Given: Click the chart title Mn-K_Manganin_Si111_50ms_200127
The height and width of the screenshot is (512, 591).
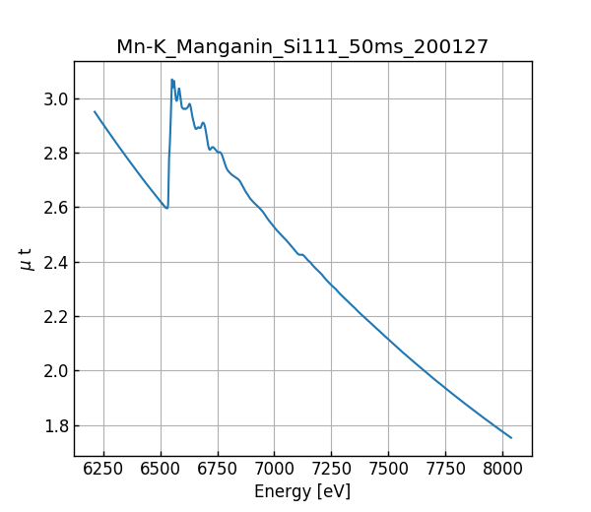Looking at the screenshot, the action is (302, 47).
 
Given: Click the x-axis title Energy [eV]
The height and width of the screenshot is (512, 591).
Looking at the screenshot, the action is (302, 491).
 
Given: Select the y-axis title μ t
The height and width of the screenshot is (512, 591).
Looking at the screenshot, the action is (26, 259).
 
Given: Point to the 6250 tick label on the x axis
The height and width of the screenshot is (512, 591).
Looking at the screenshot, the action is (103, 470).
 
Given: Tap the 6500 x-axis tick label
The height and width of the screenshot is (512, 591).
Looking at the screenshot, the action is (161, 470).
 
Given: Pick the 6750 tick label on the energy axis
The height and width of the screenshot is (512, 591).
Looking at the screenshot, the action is (217, 470).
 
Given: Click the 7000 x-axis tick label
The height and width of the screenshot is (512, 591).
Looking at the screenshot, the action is (274, 470).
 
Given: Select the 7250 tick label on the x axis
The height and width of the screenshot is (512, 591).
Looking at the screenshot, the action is (331, 470).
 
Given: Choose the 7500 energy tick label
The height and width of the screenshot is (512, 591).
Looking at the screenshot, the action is (388, 470).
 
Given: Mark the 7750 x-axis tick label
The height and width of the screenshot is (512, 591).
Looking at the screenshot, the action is (445, 470).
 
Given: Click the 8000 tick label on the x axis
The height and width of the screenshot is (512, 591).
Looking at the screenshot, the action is (502, 470).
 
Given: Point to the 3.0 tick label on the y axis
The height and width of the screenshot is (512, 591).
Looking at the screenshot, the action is (55, 99).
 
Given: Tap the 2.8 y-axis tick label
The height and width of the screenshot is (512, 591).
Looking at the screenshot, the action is (55, 154).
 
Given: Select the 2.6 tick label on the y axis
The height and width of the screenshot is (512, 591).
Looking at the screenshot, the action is (55, 209).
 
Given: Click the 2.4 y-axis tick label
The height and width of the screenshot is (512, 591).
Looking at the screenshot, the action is (55, 263).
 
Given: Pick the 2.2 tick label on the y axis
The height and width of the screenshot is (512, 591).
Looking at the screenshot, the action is (55, 318).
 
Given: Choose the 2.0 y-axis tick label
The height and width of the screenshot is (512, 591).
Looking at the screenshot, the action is (55, 372).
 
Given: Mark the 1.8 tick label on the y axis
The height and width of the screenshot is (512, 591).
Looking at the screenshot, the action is (55, 426).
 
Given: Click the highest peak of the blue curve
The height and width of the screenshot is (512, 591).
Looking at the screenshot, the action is (171, 80).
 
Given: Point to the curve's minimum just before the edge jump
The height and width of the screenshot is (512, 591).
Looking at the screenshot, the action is (166, 208).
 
